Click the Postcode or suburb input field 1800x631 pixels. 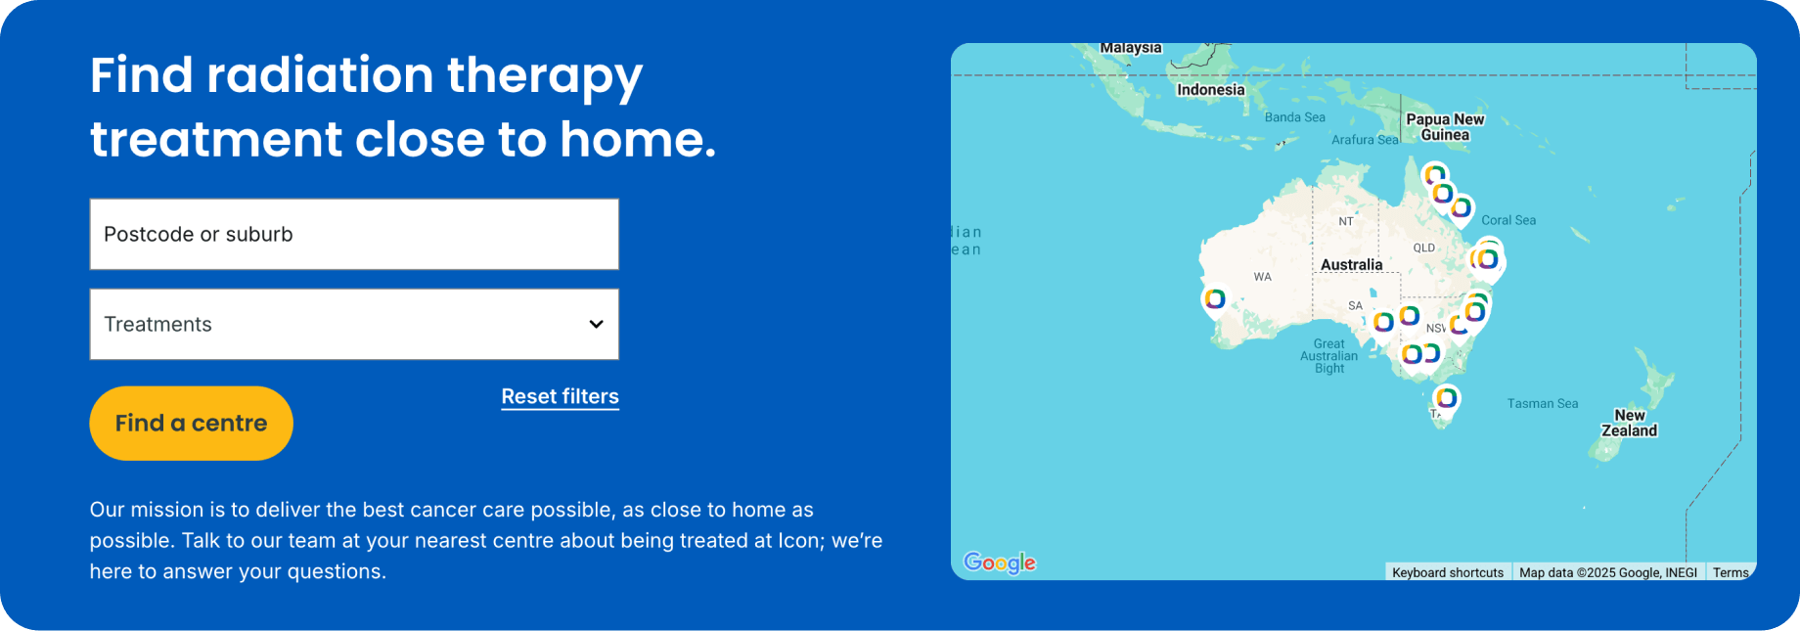pyautogui.click(x=353, y=234)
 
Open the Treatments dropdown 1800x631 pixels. pyautogui.click(x=353, y=324)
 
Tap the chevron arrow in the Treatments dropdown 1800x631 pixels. pyautogui.click(x=596, y=324)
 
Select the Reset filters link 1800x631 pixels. pyautogui.click(x=560, y=396)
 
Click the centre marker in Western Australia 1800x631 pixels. pyautogui.click(x=1214, y=298)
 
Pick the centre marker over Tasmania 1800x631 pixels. pyautogui.click(x=1446, y=398)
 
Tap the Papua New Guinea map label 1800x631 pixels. pyautogui.click(x=1445, y=127)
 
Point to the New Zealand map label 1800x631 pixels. pyautogui.click(x=1629, y=423)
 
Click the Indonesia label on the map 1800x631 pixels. pyautogui.click(x=1210, y=90)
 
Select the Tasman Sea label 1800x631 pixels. pyautogui.click(x=1542, y=403)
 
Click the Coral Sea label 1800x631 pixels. pyautogui.click(x=1507, y=220)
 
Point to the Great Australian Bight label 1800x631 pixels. pyautogui.click(x=1328, y=356)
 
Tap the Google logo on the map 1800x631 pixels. pyautogui.click(x=999, y=563)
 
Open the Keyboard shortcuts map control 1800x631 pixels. pyautogui.click(x=1447, y=572)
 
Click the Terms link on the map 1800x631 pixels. pyautogui.click(x=1730, y=572)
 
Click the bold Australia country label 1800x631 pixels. pyautogui.click(x=1351, y=265)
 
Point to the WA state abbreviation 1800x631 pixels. pyautogui.click(x=1262, y=277)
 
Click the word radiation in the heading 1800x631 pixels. pyautogui.click(x=320, y=75)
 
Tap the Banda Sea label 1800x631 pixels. pyautogui.click(x=1294, y=117)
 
